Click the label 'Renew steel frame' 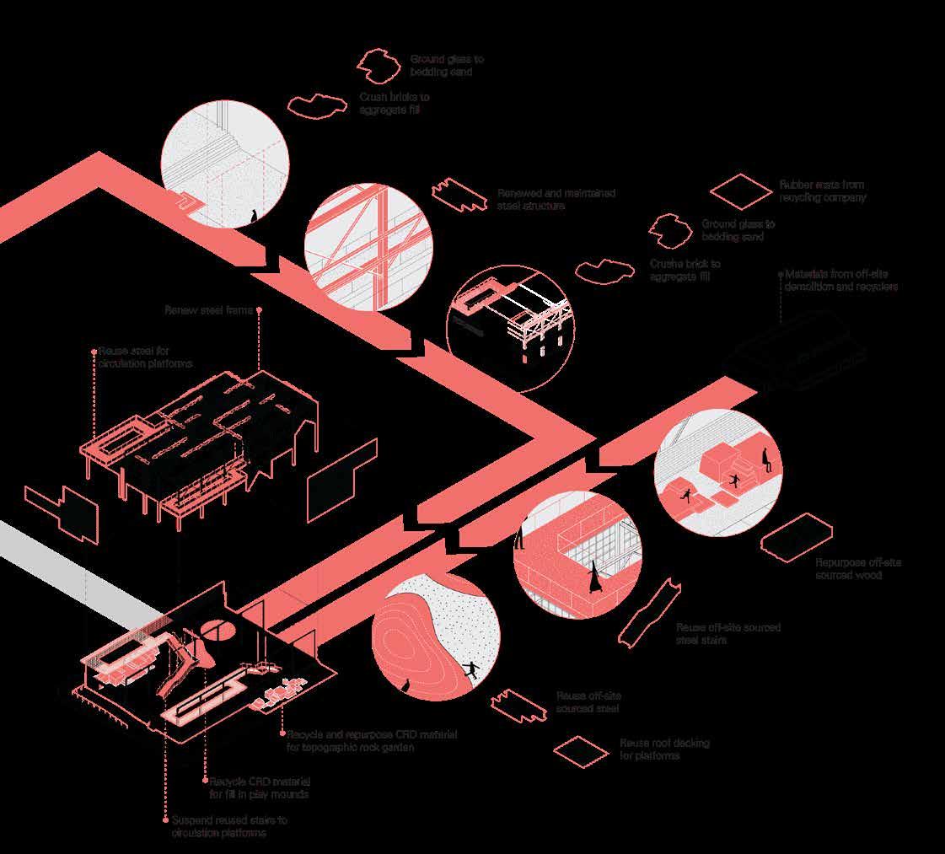click(x=210, y=309)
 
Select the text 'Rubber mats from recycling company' click(x=822, y=191)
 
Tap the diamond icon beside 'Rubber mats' click(x=740, y=191)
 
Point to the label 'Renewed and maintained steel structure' click(x=556, y=199)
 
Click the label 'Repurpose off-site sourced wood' click(x=858, y=568)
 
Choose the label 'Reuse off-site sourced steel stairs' click(x=728, y=634)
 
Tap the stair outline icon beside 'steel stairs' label click(x=648, y=612)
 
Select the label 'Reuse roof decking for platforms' click(x=664, y=749)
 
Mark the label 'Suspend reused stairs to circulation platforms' click(x=229, y=826)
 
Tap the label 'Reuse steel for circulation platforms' click(x=145, y=357)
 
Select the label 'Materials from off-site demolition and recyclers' click(x=840, y=280)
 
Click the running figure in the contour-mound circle click(x=470, y=669)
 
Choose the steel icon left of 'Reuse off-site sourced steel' click(x=518, y=706)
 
